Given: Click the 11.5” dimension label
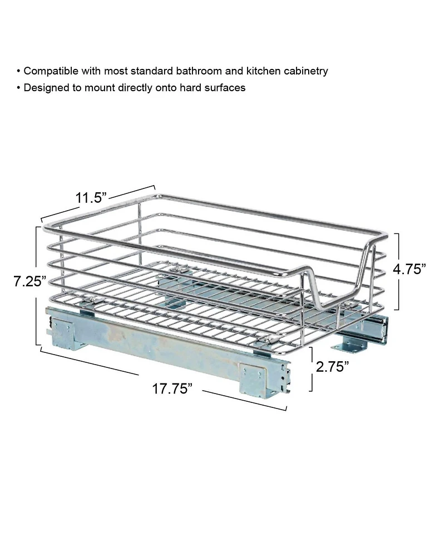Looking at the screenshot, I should [91, 197].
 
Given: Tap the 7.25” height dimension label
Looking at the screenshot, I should [29, 282].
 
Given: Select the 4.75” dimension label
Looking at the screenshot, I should [409, 269].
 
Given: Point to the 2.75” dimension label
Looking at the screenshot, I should [332, 367].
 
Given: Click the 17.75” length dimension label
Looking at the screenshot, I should [172, 389].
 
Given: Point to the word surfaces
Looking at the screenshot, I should [225, 88].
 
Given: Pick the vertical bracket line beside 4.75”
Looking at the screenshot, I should [397, 271].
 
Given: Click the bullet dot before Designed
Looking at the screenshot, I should [19, 88].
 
